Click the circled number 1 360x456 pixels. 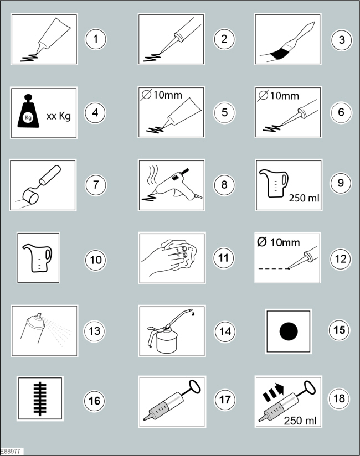click(x=95, y=39)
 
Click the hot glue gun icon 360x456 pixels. click(x=171, y=185)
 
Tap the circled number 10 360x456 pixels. click(x=95, y=258)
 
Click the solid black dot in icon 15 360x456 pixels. click(x=289, y=331)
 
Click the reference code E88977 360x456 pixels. click(x=11, y=452)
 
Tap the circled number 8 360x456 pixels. click(x=224, y=184)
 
